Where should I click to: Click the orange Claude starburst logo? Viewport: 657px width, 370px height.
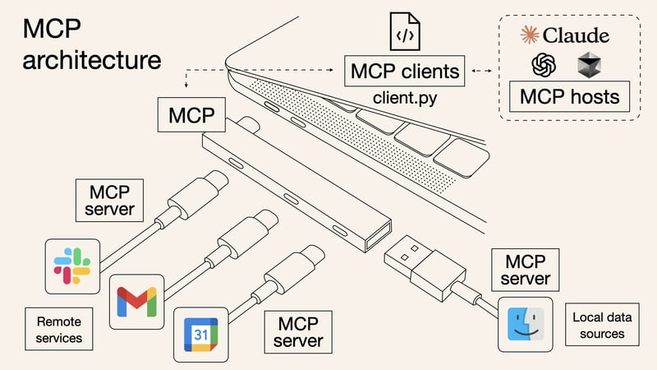530,35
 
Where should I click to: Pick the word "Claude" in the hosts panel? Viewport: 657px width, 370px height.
577,35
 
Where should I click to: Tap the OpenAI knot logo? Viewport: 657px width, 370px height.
544,66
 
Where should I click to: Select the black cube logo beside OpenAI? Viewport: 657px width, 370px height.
589,66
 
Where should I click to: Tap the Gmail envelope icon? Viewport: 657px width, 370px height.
136,299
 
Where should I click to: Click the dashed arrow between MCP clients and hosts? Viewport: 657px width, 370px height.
480,72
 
